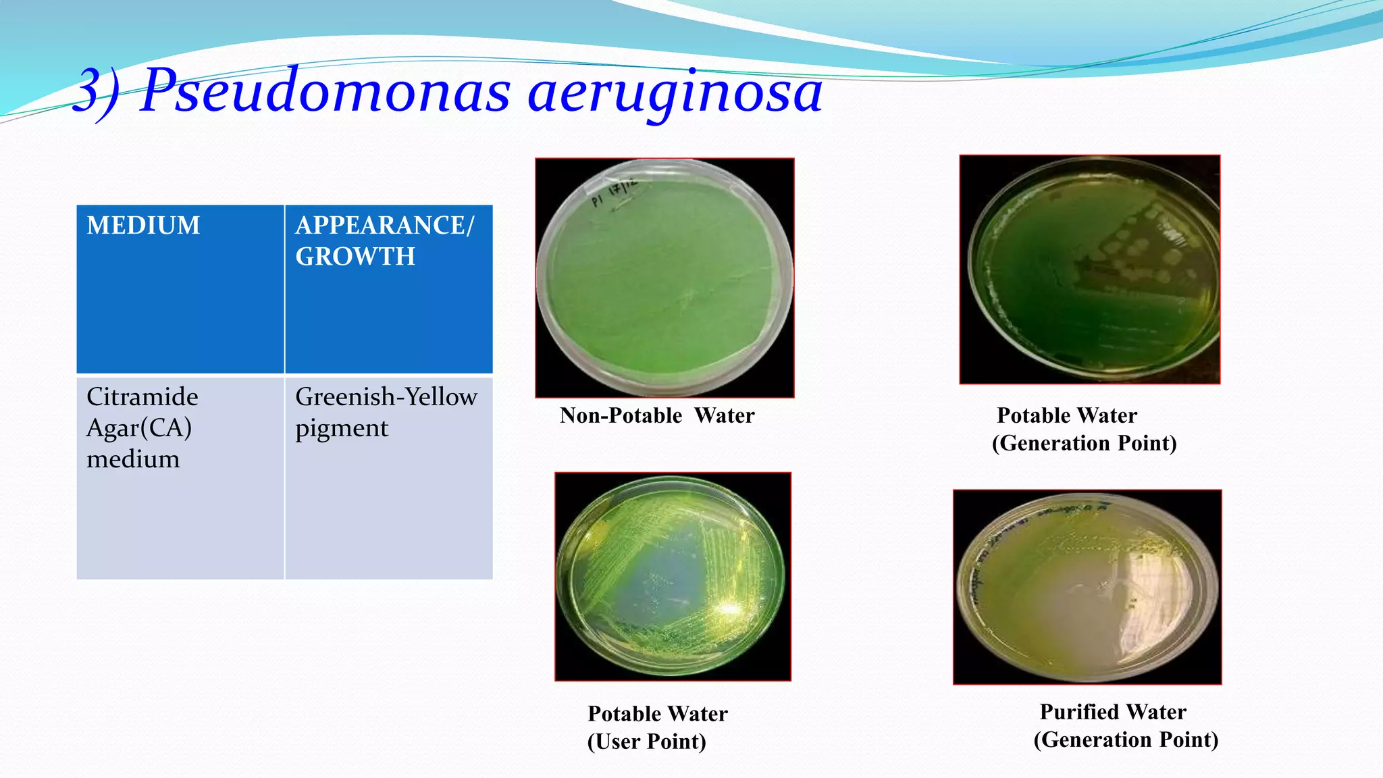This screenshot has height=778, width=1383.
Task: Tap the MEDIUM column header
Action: [143, 226]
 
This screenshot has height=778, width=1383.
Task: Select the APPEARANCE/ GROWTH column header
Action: [385, 240]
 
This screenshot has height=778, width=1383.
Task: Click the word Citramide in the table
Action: [142, 396]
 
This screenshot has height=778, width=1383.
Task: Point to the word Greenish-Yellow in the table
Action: [386, 396]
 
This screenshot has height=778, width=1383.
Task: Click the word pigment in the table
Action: [342, 429]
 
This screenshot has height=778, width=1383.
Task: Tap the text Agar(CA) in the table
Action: [139, 427]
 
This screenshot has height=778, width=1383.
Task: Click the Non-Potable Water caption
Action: [657, 415]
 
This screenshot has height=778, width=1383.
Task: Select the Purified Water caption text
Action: [1113, 712]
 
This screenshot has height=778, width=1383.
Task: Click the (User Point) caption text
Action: [647, 742]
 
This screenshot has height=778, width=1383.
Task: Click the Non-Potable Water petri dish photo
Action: [664, 278]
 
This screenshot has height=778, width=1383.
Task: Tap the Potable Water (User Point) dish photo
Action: [673, 577]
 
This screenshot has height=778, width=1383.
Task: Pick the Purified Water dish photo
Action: [1087, 587]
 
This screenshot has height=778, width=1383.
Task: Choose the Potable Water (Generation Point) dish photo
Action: [1089, 269]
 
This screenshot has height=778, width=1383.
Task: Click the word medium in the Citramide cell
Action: [133, 459]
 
